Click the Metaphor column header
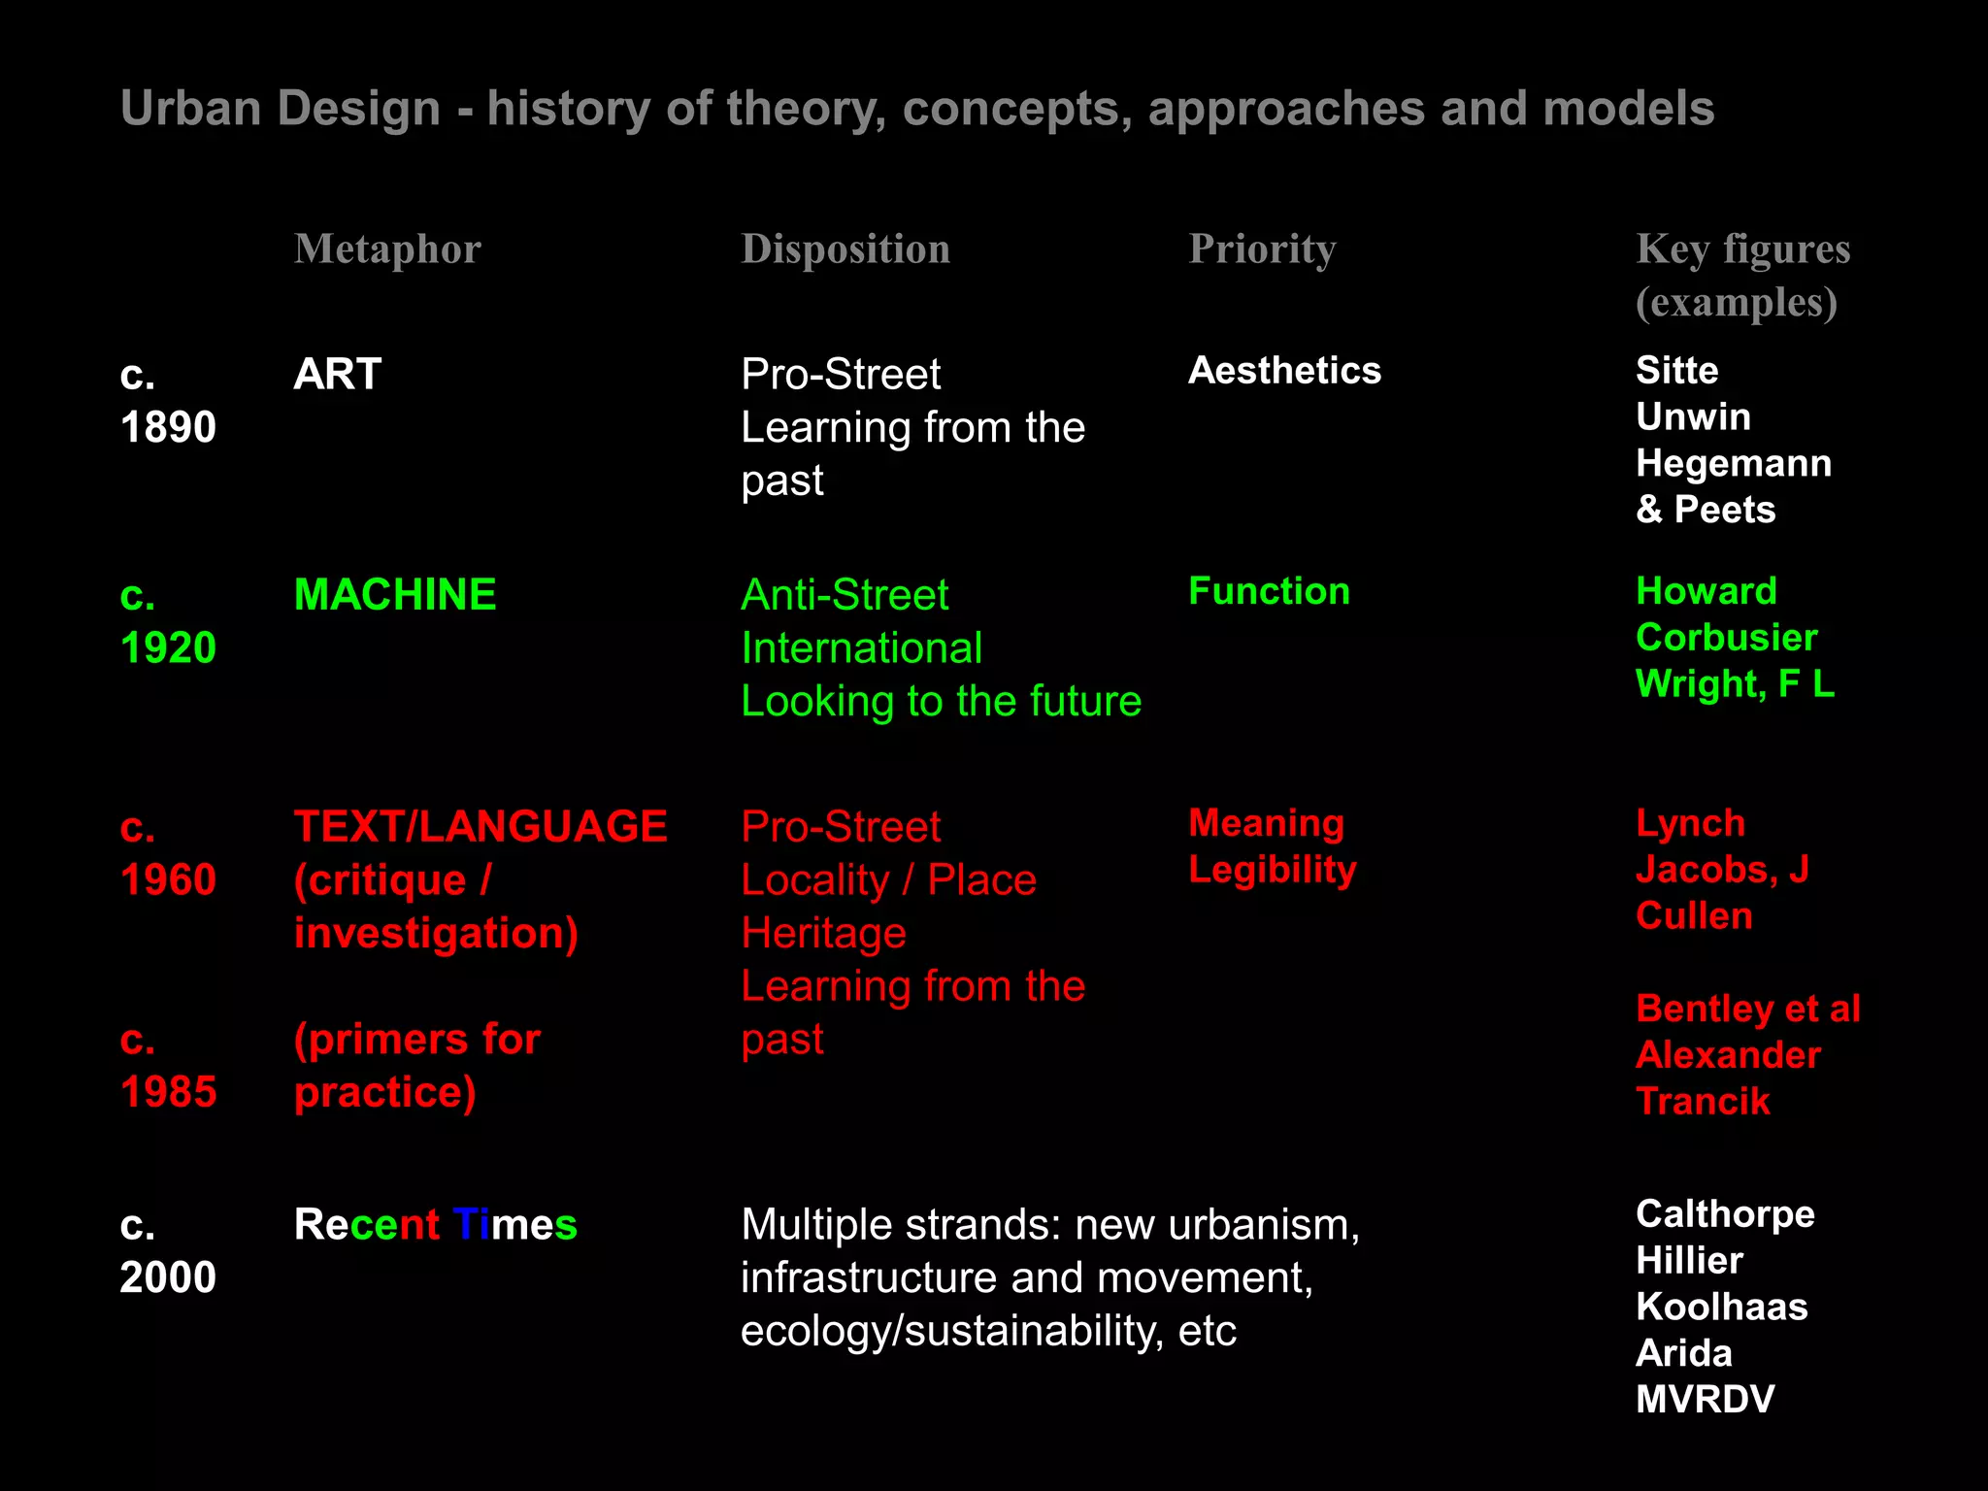(x=387, y=249)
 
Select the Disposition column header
(x=845, y=249)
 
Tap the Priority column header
(x=1262, y=249)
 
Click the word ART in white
(x=337, y=374)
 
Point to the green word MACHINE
(x=395, y=594)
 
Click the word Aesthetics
(x=1284, y=371)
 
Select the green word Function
(x=1269, y=591)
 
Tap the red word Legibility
(x=1273, y=870)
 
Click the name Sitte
(x=1676, y=371)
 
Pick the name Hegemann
(x=1734, y=464)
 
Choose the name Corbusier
(x=1726, y=638)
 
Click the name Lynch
(x=1690, y=823)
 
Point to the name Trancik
(x=1703, y=1102)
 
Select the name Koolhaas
(x=1721, y=1307)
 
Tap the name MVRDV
(x=1705, y=1400)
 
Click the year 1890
(x=168, y=427)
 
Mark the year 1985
(x=168, y=1092)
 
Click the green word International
(x=861, y=647)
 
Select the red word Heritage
(x=823, y=933)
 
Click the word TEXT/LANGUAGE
(x=480, y=827)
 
